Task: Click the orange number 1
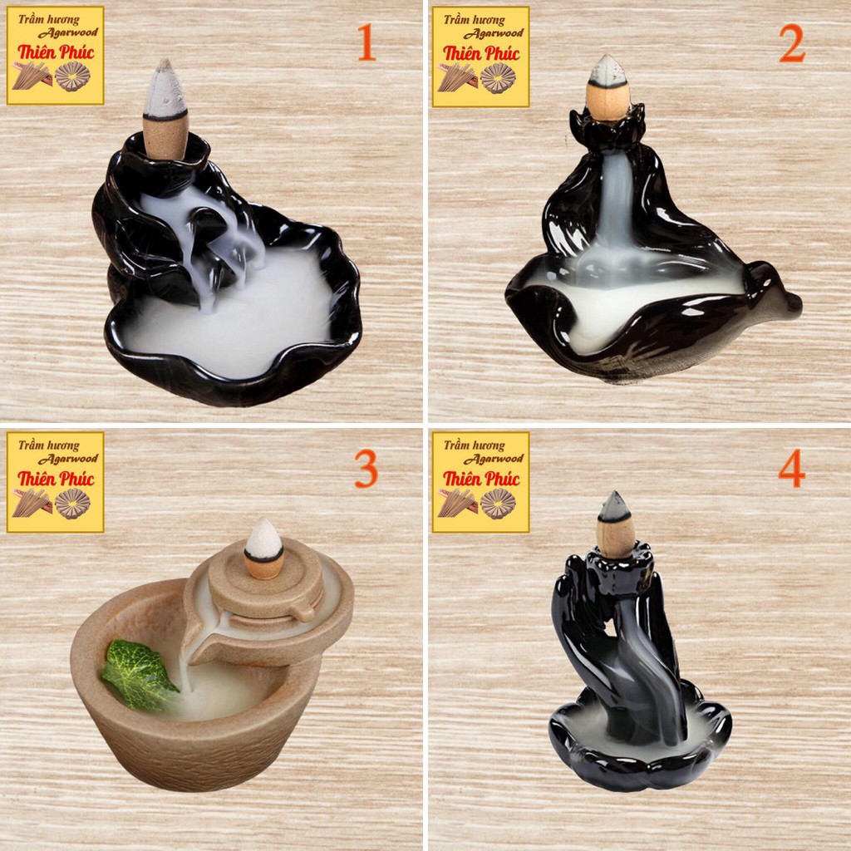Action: click(366, 44)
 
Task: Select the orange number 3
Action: click(366, 470)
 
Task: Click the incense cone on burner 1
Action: click(165, 108)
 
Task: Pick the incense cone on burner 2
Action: click(608, 88)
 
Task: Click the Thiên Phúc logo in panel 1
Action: click(56, 55)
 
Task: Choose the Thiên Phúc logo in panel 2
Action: click(480, 55)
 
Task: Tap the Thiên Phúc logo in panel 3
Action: click(56, 481)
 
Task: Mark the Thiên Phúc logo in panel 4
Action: click(480, 481)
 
